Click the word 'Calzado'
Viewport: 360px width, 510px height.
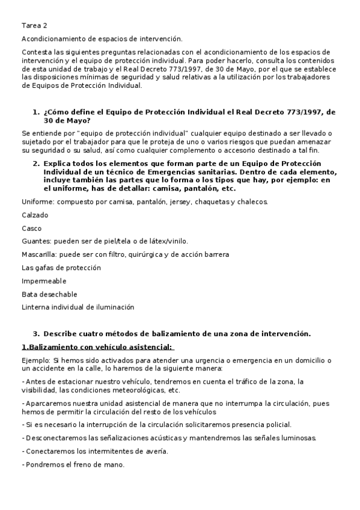pyautogui.click(x=35, y=215)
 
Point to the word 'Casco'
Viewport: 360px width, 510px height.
pyautogui.click(x=32, y=228)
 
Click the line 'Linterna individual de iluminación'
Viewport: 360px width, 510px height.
pyautogui.click(x=78, y=307)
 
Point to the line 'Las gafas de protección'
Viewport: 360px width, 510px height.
pyautogui.click(x=61, y=268)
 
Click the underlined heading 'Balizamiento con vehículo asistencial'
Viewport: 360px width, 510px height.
pyautogui.click(x=99, y=347)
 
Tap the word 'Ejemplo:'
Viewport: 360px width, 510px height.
pyautogui.click(x=37, y=360)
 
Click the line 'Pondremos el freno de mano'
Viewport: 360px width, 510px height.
pyautogui.click(x=75, y=465)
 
